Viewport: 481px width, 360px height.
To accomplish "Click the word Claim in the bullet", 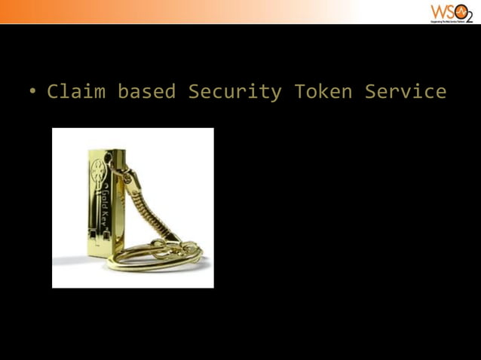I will pyautogui.click(x=76, y=93).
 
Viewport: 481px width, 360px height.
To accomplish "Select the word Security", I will pyautogui.click(x=234, y=93).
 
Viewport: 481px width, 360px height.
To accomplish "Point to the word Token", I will pyautogui.click(x=323, y=93).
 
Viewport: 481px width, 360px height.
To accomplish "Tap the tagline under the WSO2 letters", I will pyautogui.click(x=451, y=20).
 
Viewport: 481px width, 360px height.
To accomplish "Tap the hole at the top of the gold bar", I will pyautogui.click(x=108, y=157).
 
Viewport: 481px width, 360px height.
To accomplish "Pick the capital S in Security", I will pyautogui.click(x=193, y=93).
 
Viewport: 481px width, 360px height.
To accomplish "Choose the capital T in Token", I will pyautogui.click(x=299, y=93).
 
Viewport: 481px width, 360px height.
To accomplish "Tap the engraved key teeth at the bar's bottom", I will pyautogui.click(x=97, y=230).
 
